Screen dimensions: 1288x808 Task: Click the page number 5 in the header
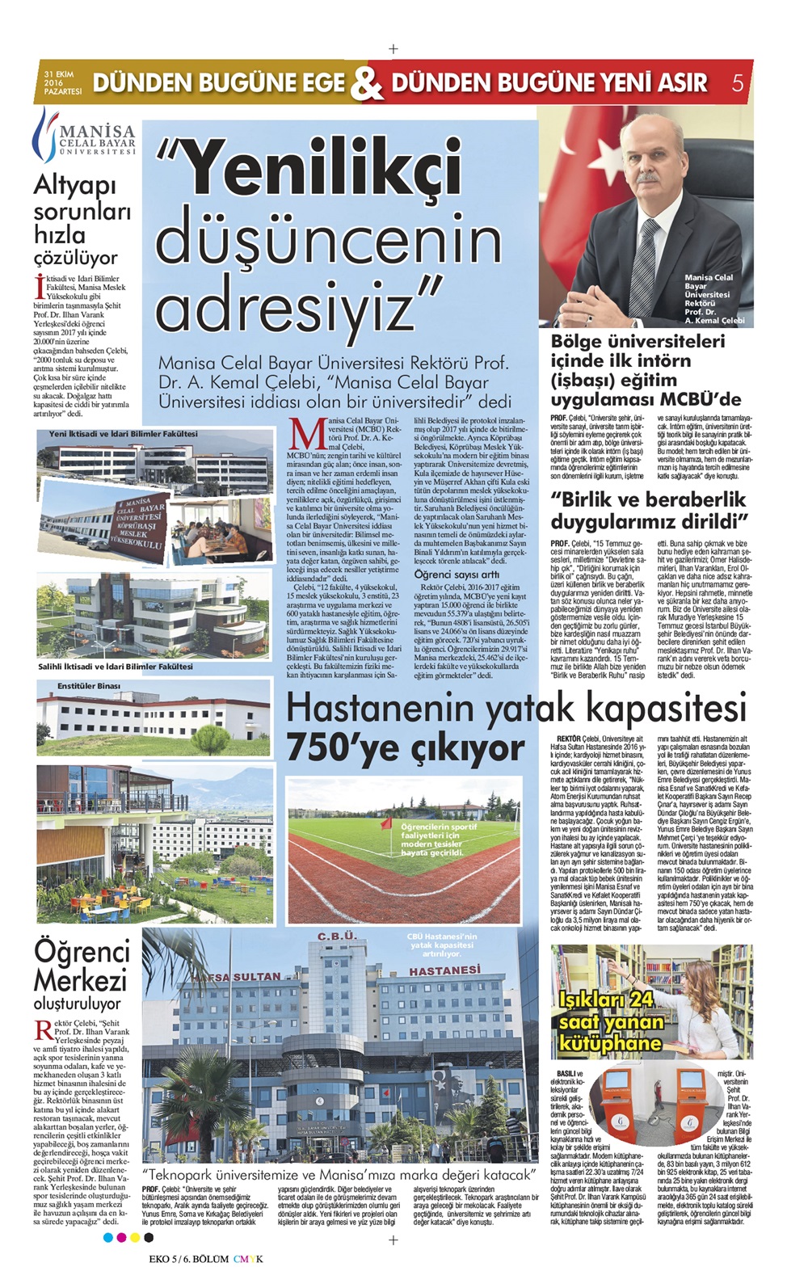pos(737,82)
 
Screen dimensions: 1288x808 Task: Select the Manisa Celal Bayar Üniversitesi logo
pos(84,135)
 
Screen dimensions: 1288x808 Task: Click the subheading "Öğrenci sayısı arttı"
pos(457,574)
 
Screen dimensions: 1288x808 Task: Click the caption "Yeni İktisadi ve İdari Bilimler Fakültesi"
pos(123,434)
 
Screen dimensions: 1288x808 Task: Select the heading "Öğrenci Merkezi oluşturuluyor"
pos(81,976)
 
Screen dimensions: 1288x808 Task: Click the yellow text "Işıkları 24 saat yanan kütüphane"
pos(612,1021)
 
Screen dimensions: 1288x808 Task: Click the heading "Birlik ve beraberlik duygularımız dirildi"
pos(650,508)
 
